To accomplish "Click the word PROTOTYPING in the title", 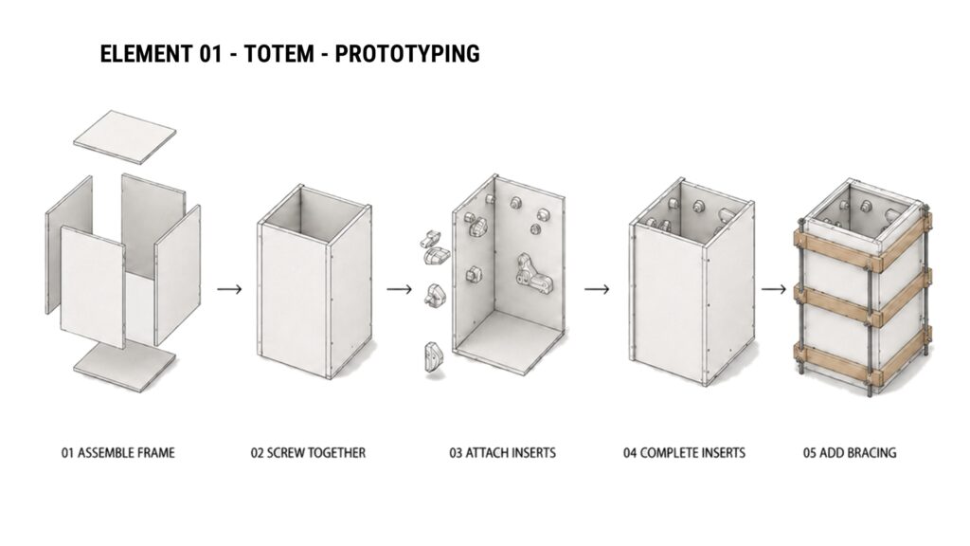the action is pos(407,54).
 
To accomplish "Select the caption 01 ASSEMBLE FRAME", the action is pos(117,452).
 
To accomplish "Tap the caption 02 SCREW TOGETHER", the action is pos(308,452).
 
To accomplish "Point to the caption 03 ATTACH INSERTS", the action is pos(502,452).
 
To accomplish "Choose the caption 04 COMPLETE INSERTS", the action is pos(684,452).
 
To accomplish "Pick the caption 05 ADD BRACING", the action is pos(850,452).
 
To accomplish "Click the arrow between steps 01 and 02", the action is pos(229,289).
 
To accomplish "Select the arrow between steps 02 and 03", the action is pos(399,289).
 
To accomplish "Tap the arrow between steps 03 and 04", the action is pos(597,289).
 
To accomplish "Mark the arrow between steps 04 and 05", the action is pos(773,289).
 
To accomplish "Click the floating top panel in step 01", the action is pos(125,137).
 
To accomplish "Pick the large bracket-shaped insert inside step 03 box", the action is pos(532,273).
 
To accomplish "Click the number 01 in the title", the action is pos(210,54).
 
